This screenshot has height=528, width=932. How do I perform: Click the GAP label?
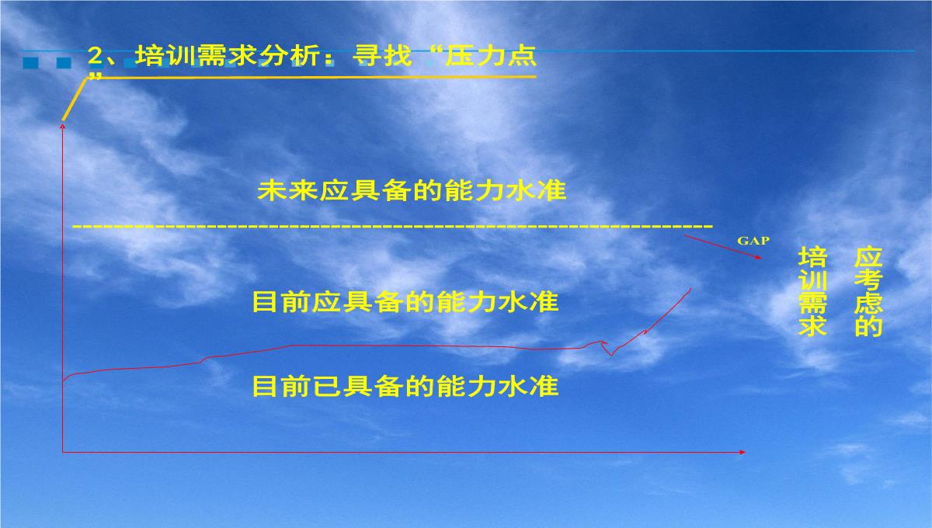[x=753, y=241]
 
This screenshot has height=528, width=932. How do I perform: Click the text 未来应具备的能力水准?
[x=412, y=191]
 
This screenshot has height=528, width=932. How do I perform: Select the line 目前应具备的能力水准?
[x=405, y=301]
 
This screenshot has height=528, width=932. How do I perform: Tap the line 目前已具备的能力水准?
[x=405, y=386]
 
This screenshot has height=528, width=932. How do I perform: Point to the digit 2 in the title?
[x=96, y=56]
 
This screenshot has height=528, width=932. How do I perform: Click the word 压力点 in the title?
[x=491, y=56]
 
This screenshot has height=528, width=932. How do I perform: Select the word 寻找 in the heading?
[x=382, y=56]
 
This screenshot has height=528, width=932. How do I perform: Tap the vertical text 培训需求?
[x=812, y=291]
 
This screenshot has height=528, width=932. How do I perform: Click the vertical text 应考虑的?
[x=868, y=291]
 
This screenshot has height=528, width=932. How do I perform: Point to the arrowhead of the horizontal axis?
[x=742, y=452]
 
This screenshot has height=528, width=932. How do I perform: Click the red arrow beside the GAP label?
[x=722, y=247]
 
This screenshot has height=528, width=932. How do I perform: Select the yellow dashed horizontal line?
[x=393, y=227]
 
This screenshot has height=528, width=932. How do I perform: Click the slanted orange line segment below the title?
[x=74, y=99]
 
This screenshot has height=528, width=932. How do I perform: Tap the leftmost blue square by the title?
[x=30, y=63]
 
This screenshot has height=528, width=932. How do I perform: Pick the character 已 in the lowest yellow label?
[x=329, y=386]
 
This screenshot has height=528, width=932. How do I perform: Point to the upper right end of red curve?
[x=690, y=289]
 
